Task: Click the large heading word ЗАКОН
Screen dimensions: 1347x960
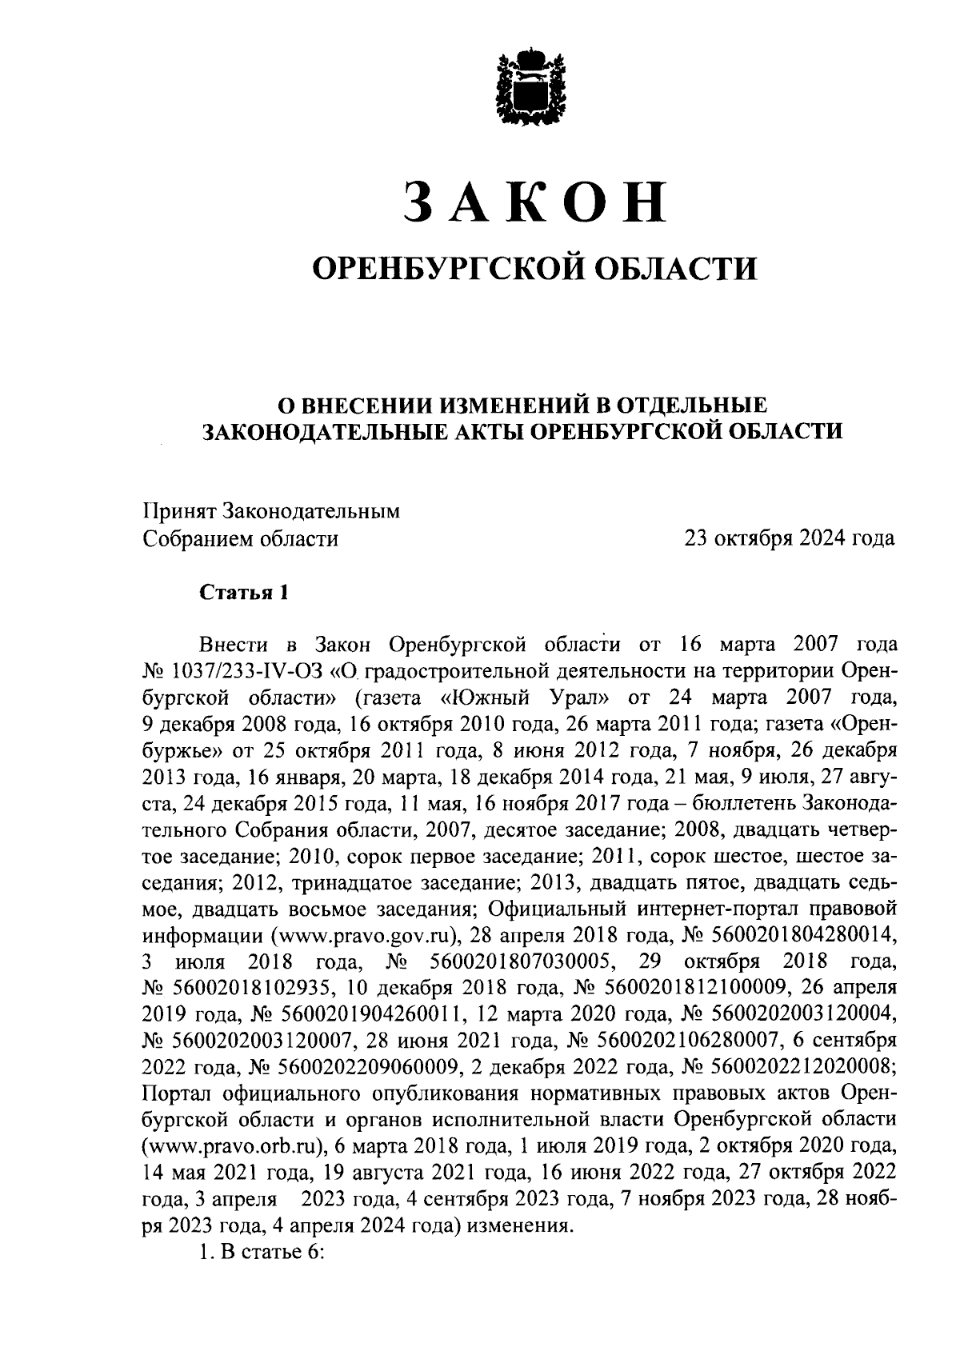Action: tap(534, 201)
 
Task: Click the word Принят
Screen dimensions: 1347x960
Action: tap(178, 510)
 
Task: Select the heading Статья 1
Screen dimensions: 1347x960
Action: tap(242, 593)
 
